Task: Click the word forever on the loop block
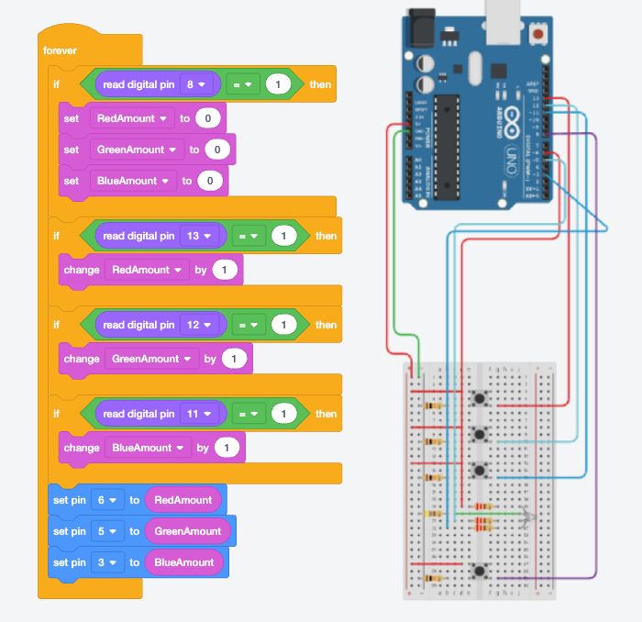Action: click(61, 50)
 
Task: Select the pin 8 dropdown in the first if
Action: click(198, 84)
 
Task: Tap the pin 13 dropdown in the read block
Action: click(201, 236)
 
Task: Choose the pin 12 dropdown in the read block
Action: click(201, 325)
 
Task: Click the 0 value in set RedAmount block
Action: click(209, 118)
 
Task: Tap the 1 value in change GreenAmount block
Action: click(235, 359)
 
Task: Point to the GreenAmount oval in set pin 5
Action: click(188, 531)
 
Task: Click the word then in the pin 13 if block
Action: click(326, 236)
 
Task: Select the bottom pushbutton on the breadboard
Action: click(479, 571)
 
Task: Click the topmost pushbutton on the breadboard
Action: click(479, 398)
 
